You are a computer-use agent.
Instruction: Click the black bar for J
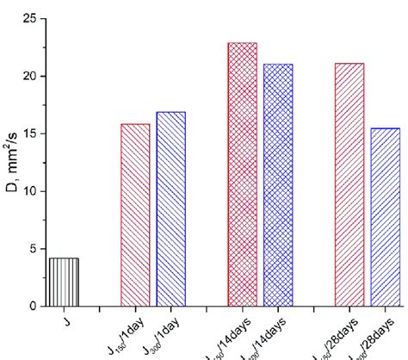pos(64,282)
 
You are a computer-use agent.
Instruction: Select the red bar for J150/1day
pos(135,215)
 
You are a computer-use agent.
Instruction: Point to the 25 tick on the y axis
pos(30,18)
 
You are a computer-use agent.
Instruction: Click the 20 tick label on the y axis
pos(30,76)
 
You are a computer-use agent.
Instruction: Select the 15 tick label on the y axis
pos(30,133)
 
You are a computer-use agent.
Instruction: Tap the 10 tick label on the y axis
pos(30,191)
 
